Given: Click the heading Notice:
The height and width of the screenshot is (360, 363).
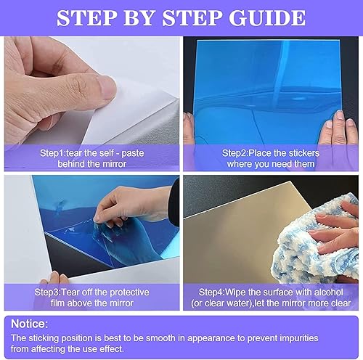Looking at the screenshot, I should coord(29,323).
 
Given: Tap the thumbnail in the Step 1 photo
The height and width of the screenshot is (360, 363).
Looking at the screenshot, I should coord(107,89).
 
